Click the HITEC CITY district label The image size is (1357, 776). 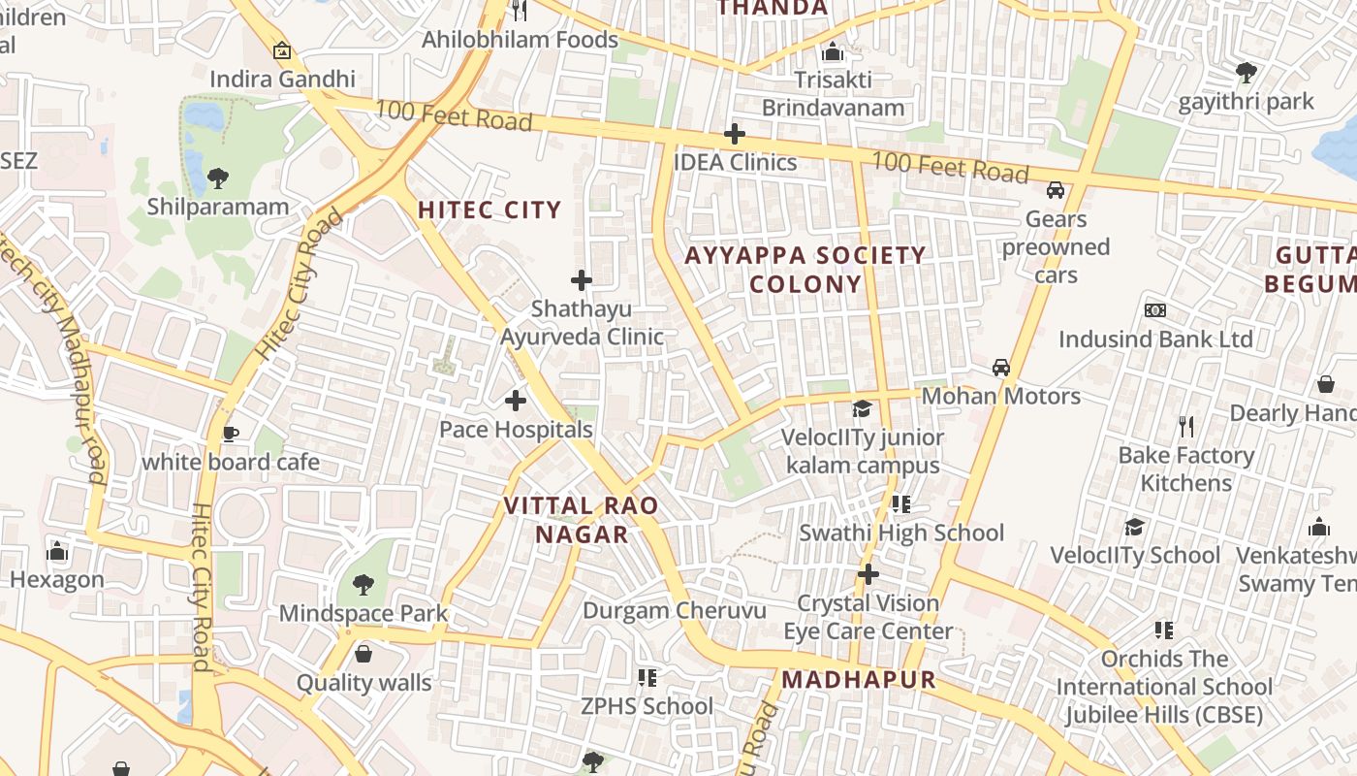click(x=489, y=210)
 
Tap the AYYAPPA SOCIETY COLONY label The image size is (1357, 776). click(x=805, y=270)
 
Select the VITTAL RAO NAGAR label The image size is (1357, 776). click(x=582, y=520)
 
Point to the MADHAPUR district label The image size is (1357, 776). click(x=859, y=679)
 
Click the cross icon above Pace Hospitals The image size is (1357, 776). click(x=516, y=400)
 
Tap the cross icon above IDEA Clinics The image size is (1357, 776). click(x=735, y=134)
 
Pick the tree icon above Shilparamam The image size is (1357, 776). click(x=218, y=178)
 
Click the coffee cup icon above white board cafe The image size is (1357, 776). click(x=230, y=434)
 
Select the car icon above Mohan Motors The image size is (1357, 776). click(x=1001, y=368)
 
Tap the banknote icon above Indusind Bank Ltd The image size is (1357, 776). click(x=1154, y=310)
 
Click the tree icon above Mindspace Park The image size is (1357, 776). click(x=363, y=584)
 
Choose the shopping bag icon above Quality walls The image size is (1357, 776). click(x=363, y=654)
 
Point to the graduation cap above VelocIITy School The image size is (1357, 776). click(x=1134, y=527)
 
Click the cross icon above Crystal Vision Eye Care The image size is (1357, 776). click(x=868, y=574)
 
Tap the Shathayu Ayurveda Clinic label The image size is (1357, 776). click(x=582, y=323)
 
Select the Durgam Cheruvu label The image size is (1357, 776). click(x=674, y=611)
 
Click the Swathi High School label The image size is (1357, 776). click(x=901, y=533)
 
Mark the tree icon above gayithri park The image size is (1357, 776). click(x=1246, y=72)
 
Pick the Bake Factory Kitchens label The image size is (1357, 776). click(x=1186, y=469)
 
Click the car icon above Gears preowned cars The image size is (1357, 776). click(x=1056, y=190)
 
